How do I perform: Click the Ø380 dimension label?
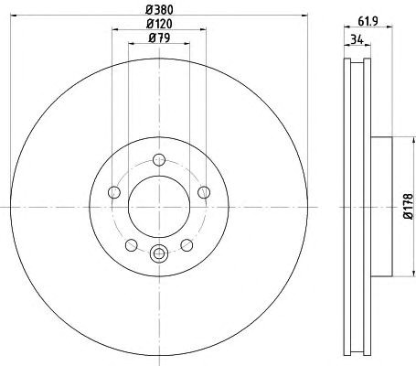pos(159,10)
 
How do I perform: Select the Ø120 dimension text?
pos(159,24)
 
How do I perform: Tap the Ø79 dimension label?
pos(159,38)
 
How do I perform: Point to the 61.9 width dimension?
pos(368,21)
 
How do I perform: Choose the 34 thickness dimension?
pos(357,39)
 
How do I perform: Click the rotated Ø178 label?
pos(409,207)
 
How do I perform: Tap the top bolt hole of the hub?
pos(159,159)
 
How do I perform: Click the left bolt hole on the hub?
pos(114,192)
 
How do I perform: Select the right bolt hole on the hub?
pos(204,192)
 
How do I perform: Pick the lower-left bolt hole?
pos(132,245)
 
